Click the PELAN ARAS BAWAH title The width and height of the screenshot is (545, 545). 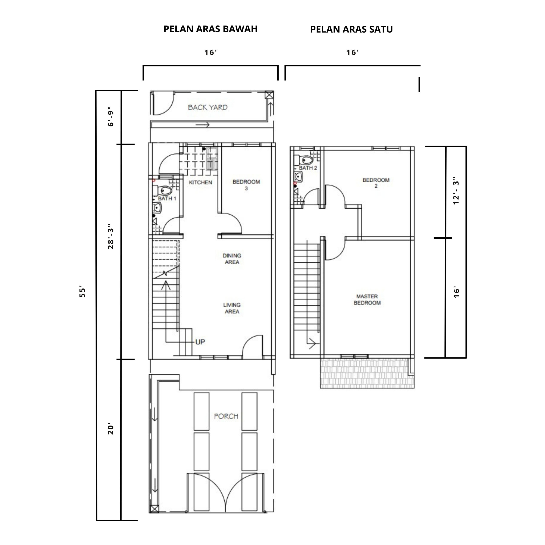click(x=210, y=29)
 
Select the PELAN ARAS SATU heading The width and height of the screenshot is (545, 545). click(x=351, y=29)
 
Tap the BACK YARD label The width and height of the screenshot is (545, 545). click(x=208, y=108)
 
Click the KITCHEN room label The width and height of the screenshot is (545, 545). click(x=200, y=182)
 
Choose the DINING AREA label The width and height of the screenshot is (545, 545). click(x=232, y=259)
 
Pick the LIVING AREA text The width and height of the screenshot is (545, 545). click(x=232, y=308)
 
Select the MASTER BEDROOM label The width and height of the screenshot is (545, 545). click(x=367, y=300)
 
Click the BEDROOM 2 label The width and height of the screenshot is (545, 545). click(x=376, y=183)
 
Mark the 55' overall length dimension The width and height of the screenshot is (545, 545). click(x=82, y=292)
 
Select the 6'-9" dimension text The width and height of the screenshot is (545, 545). click(x=110, y=116)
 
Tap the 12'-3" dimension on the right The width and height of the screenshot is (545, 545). click(x=456, y=191)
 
